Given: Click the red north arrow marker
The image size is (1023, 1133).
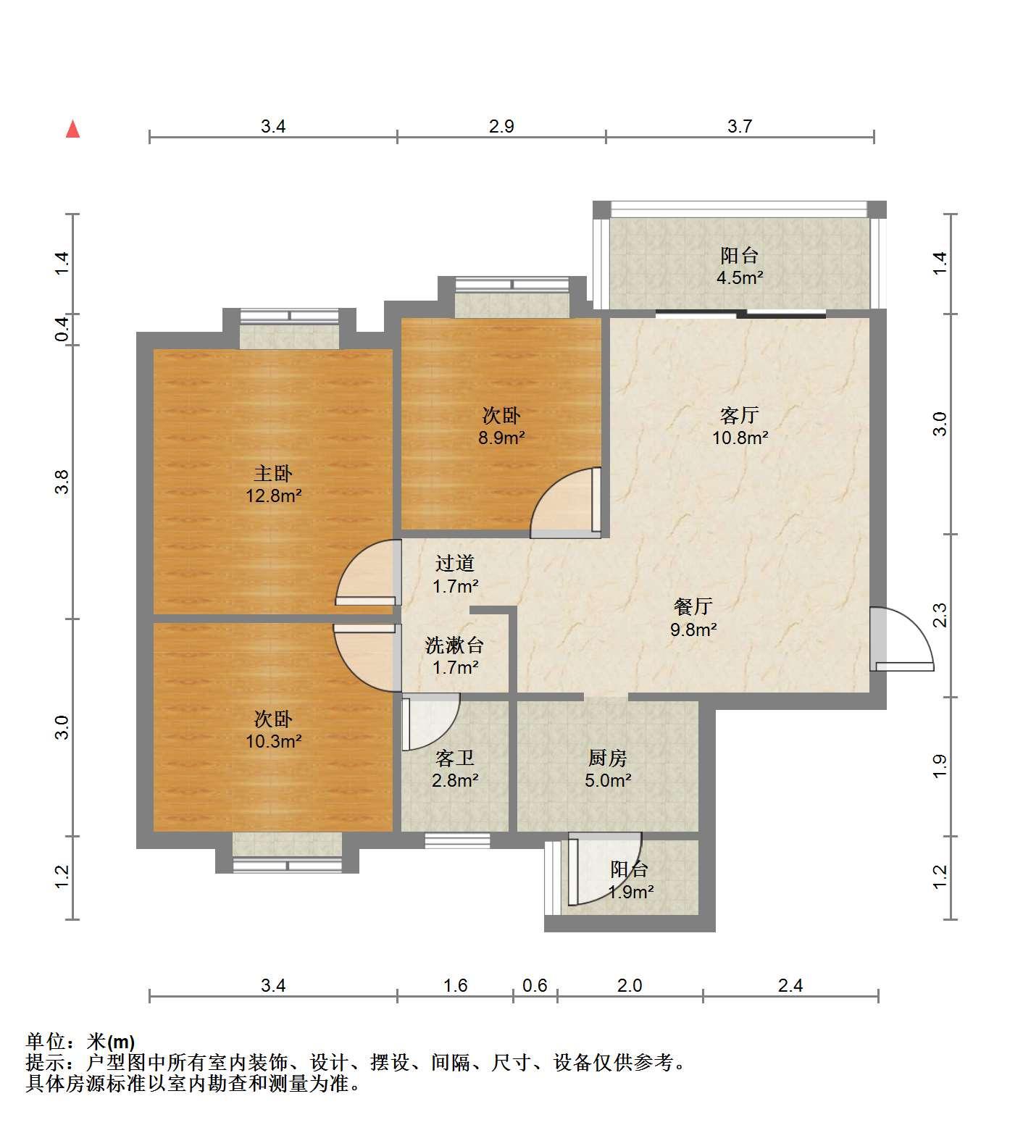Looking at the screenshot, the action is (72, 129).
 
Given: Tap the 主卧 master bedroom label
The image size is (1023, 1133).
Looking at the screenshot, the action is (273, 474).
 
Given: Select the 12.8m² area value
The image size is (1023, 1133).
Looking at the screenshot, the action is (273, 496).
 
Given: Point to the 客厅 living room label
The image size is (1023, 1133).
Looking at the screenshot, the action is (739, 415).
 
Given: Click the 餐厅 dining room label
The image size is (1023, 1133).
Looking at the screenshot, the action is (693, 606).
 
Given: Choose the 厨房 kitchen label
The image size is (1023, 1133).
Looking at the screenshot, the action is (607, 758).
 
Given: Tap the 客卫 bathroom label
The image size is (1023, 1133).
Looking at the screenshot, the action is (455, 758).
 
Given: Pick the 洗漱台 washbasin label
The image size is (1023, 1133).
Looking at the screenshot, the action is (454, 645).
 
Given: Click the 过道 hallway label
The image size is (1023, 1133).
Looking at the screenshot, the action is (455, 563).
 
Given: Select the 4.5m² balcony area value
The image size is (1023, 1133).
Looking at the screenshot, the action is (740, 277).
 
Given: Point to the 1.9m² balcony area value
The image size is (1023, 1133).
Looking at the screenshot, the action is (630, 892).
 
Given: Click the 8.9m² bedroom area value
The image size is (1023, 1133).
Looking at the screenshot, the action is (501, 438).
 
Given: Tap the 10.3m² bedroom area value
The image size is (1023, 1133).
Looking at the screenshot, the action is (273, 741).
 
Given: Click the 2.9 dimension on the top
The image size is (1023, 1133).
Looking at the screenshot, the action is (501, 127).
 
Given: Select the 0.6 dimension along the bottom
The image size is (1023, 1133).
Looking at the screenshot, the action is (535, 986).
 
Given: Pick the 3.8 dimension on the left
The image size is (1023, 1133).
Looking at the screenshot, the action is (62, 482).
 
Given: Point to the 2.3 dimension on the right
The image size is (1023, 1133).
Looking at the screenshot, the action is (940, 616).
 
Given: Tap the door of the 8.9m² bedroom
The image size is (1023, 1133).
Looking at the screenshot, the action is (567, 503).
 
